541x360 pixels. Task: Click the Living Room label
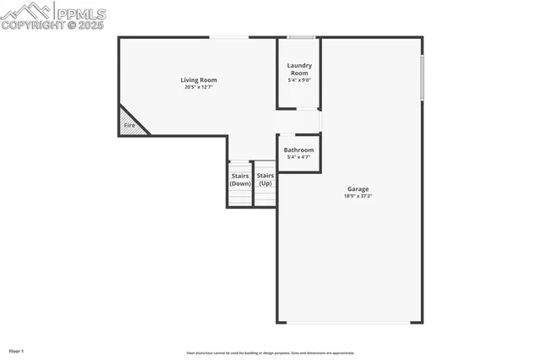click(199, 80)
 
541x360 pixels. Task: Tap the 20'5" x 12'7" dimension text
click(199, 87)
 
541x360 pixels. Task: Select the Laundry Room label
click(299, 68)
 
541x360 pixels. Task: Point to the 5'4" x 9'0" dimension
click(299, 80)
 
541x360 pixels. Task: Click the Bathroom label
click(298, 150)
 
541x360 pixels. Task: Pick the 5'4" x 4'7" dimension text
click(298, 157)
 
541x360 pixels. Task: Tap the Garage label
click(358, 188)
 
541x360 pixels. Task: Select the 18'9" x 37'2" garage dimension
click(358, 195)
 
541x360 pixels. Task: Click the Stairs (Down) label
click(240, 179)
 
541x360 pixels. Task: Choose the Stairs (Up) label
click(265, 179)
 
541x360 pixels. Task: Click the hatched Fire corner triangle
click(129, 123)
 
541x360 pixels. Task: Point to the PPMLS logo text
click(80, 14)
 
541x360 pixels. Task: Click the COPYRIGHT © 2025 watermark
click(52, 26)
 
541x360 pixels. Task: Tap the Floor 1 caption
click(16, 351)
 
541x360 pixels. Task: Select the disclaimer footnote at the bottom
click(270, 353)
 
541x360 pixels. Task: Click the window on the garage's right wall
click(422, 78)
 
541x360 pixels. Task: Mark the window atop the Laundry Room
click(301, 37)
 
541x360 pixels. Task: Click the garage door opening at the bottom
click(350, 322)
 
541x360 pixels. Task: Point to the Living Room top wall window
click(228, 37)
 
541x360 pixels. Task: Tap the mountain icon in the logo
click(25, 11)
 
